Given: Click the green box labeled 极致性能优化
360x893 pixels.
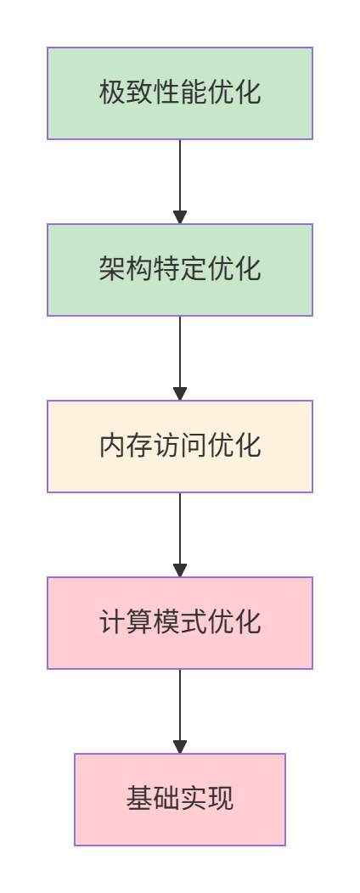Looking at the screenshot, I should [180, 93].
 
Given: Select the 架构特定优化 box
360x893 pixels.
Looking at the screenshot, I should [180, 270].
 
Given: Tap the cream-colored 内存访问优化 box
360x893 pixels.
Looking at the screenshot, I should [180, 446].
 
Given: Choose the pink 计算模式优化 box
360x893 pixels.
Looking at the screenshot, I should [180, 623].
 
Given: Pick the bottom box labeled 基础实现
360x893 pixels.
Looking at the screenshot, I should [180, 800].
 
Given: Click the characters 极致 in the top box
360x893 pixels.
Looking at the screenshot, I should [126, 93].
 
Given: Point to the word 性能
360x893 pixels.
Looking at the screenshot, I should [180, 93].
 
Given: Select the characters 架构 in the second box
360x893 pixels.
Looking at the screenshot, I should [126, 270].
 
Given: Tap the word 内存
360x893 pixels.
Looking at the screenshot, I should [126, 446].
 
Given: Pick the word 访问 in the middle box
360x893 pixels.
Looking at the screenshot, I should [180, 446].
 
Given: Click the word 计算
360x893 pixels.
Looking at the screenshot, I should [126, 623].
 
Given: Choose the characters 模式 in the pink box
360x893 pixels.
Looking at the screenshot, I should [180, 623].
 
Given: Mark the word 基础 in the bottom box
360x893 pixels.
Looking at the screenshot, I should [153, 800].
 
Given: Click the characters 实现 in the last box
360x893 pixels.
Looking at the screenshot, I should [207, 800].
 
